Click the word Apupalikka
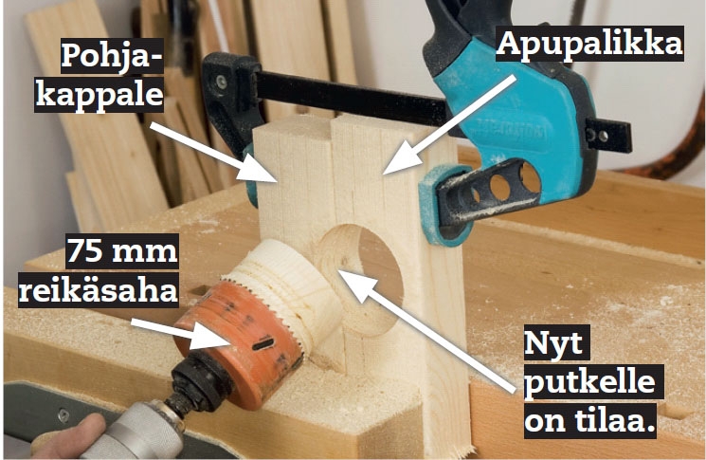click(x=589, y=45)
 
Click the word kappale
click(x=100, y=96)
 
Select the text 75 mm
click(x=122, y=250)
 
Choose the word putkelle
click(x=589, y=382)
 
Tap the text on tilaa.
click(x=589, y=421)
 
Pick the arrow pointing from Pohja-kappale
click(x=213, y=153)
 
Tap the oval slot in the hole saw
click(x=263, y=344)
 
